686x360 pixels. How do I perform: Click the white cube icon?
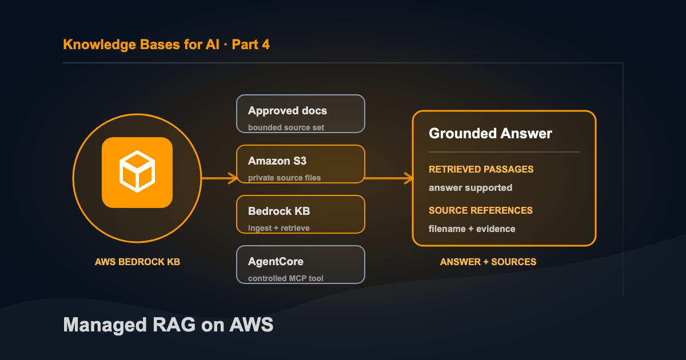point(137,171)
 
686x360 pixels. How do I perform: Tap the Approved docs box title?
point(287,111)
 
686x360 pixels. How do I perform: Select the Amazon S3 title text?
point(277,161)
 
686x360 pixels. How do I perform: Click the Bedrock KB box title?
point(279,211)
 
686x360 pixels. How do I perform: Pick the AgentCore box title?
point(276,262)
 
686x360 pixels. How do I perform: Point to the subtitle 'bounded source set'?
point(286,127)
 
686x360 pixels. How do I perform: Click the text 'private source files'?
point(284,178)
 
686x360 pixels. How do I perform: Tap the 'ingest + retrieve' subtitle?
point(279,228)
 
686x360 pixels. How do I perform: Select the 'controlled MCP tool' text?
point(285,278)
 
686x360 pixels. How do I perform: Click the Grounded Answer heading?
point(490,134)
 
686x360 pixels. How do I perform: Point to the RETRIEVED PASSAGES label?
point(481,169)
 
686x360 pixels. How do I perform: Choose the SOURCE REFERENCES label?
point(481,210)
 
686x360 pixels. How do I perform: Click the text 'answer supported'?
point(470,187)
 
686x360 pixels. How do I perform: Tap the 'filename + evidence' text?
point(472,229)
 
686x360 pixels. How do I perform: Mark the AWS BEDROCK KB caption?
point(138,262)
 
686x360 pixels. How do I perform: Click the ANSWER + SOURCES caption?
point(488,262)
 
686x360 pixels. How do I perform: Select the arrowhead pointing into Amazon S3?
point(233,178)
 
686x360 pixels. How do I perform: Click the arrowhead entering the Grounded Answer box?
point(409,178)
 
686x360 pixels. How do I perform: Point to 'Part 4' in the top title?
point(250,45)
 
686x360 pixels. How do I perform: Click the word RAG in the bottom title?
point(174,325)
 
